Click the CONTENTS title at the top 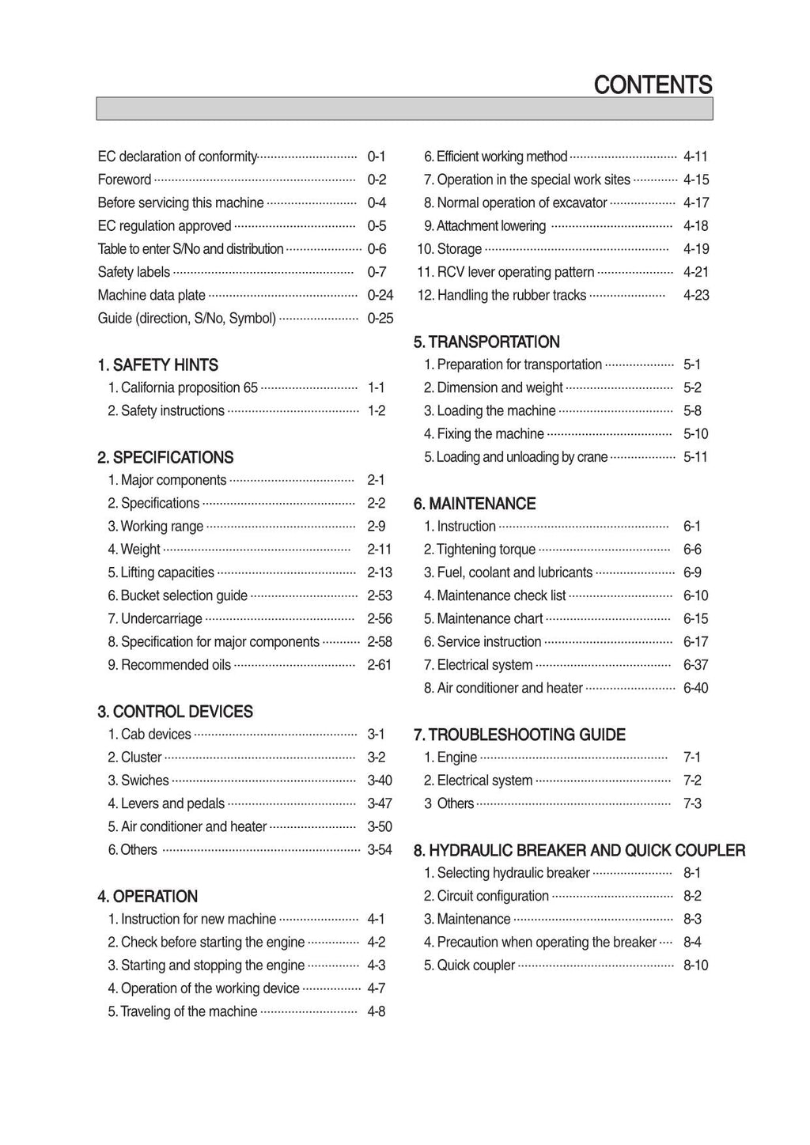pyautogui.click(x=653, y=85)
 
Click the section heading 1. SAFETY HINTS pyautogui.click(x=157, y=365)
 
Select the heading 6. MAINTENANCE pyautogui.click(x=475, y=504)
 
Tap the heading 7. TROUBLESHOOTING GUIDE pyautogui.click(x=520, y=735)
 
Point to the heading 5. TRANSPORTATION pyautogui.click(x=486, y=342)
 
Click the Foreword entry pyautogui.click(x=124, y=179)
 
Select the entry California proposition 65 pyautogui.click(x=183, y=387)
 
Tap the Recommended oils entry pyautogui.click(x=169, y=665)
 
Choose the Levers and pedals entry pyautogui.click(x=166, y=803)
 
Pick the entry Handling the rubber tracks pyautogui.click(x=505, y=295)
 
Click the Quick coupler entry pyautogui.click(x=469, y=966)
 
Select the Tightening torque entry pyautogui.click(x=479, y=550)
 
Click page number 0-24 pyautogui.click(x=380, y=295)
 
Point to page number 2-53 pyautogui.click(x=379, y=595)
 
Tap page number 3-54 pyautogui.click(x=379, y=850)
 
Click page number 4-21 pyautogui.click(x=695, y=272)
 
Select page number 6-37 pyautogui.click(x=695, y=665)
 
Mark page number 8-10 pyautogui.click(x=695, y=966)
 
